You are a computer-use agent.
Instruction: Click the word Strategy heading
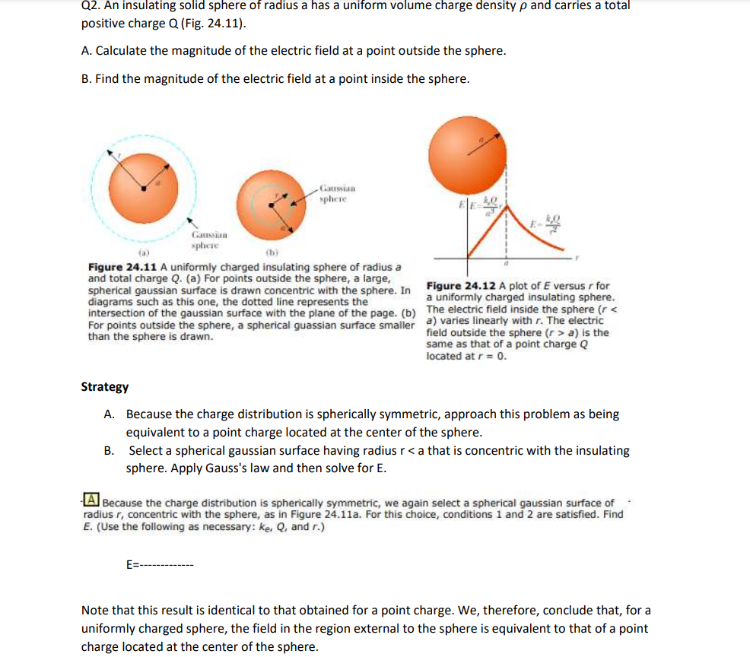pyautogui.click(x=105, y=386)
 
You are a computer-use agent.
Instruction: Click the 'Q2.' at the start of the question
pyautogui.click(x=91, y=5)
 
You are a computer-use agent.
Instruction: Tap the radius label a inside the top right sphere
pyautogui.click(x=481, y=139)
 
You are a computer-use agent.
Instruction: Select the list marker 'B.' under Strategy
pyautogui.click(x=110, y=450)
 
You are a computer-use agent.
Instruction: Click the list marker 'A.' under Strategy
pyautogui.click(x=110, y=414)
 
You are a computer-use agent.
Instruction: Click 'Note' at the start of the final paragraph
pyautogui.click(x=95, y=610)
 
